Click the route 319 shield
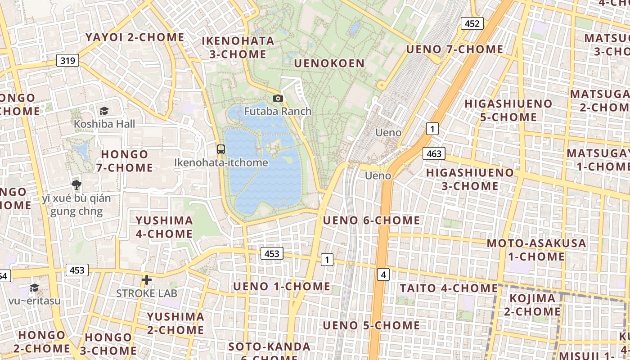coord(67,60)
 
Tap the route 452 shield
coord(472,23)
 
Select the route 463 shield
coord(434,153)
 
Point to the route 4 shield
coord(383,274)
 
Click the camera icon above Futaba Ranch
coord(278,98)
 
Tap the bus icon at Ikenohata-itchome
coord(220,149)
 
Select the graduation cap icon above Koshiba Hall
coord(104,111)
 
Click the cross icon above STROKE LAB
coord(146,280)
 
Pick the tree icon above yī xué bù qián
coord(76,184)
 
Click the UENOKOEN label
coord(329,63)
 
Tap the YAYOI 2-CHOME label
coord(135,37)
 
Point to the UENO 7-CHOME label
coord(454,49)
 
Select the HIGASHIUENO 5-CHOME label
coord(508,110)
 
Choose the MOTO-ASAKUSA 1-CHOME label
coord(536,250)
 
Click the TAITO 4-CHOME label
coord(449,288)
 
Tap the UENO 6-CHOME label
coord(371,220)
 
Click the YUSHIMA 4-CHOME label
coord(164,227)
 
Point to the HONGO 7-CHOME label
coord(125,161)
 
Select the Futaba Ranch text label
coord(278,111)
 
